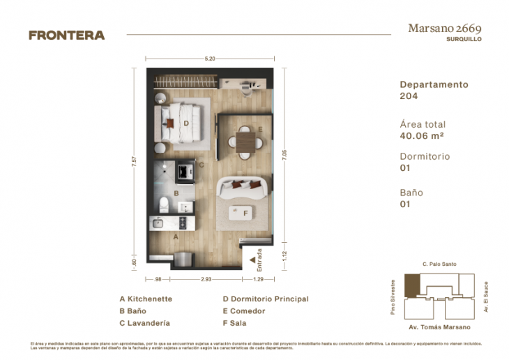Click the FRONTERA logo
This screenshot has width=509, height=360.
pos(66,35)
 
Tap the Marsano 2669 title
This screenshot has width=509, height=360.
pos(444,29)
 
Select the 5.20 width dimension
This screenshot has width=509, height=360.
pos(209,59)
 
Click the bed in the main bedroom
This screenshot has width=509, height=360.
pos(183,123)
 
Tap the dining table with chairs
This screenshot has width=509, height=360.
pos(245,139)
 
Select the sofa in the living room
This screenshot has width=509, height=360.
pos(243,188)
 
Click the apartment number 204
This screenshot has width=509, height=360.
pos(409,96)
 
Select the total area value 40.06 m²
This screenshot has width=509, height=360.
pos(423,137)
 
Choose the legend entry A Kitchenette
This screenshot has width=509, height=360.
pos(146,299)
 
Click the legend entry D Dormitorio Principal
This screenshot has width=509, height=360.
pos(265,299)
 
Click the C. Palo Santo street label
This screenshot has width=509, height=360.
pos(439,264)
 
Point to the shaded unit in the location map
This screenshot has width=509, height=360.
pos(413,285)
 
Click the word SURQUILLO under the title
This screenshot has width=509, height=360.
pos(464,40)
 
